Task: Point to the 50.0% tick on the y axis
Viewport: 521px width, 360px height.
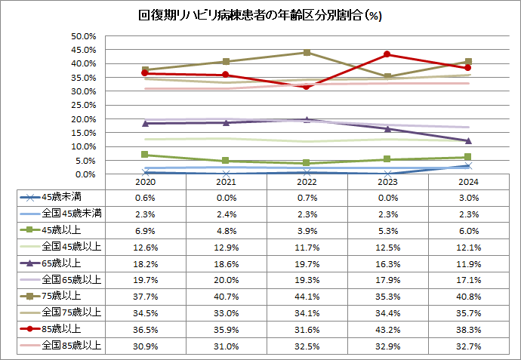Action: click(83, 36)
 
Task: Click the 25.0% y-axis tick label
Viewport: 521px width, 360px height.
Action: click(83, 105)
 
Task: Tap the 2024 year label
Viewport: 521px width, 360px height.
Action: click(469, 182)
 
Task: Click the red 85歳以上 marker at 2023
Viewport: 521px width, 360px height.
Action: click(387, 54)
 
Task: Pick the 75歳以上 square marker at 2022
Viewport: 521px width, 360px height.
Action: click(306, 52)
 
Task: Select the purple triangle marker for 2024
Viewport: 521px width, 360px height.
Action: click(469, 141)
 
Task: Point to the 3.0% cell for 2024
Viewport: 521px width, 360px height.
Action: click(469, 198)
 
